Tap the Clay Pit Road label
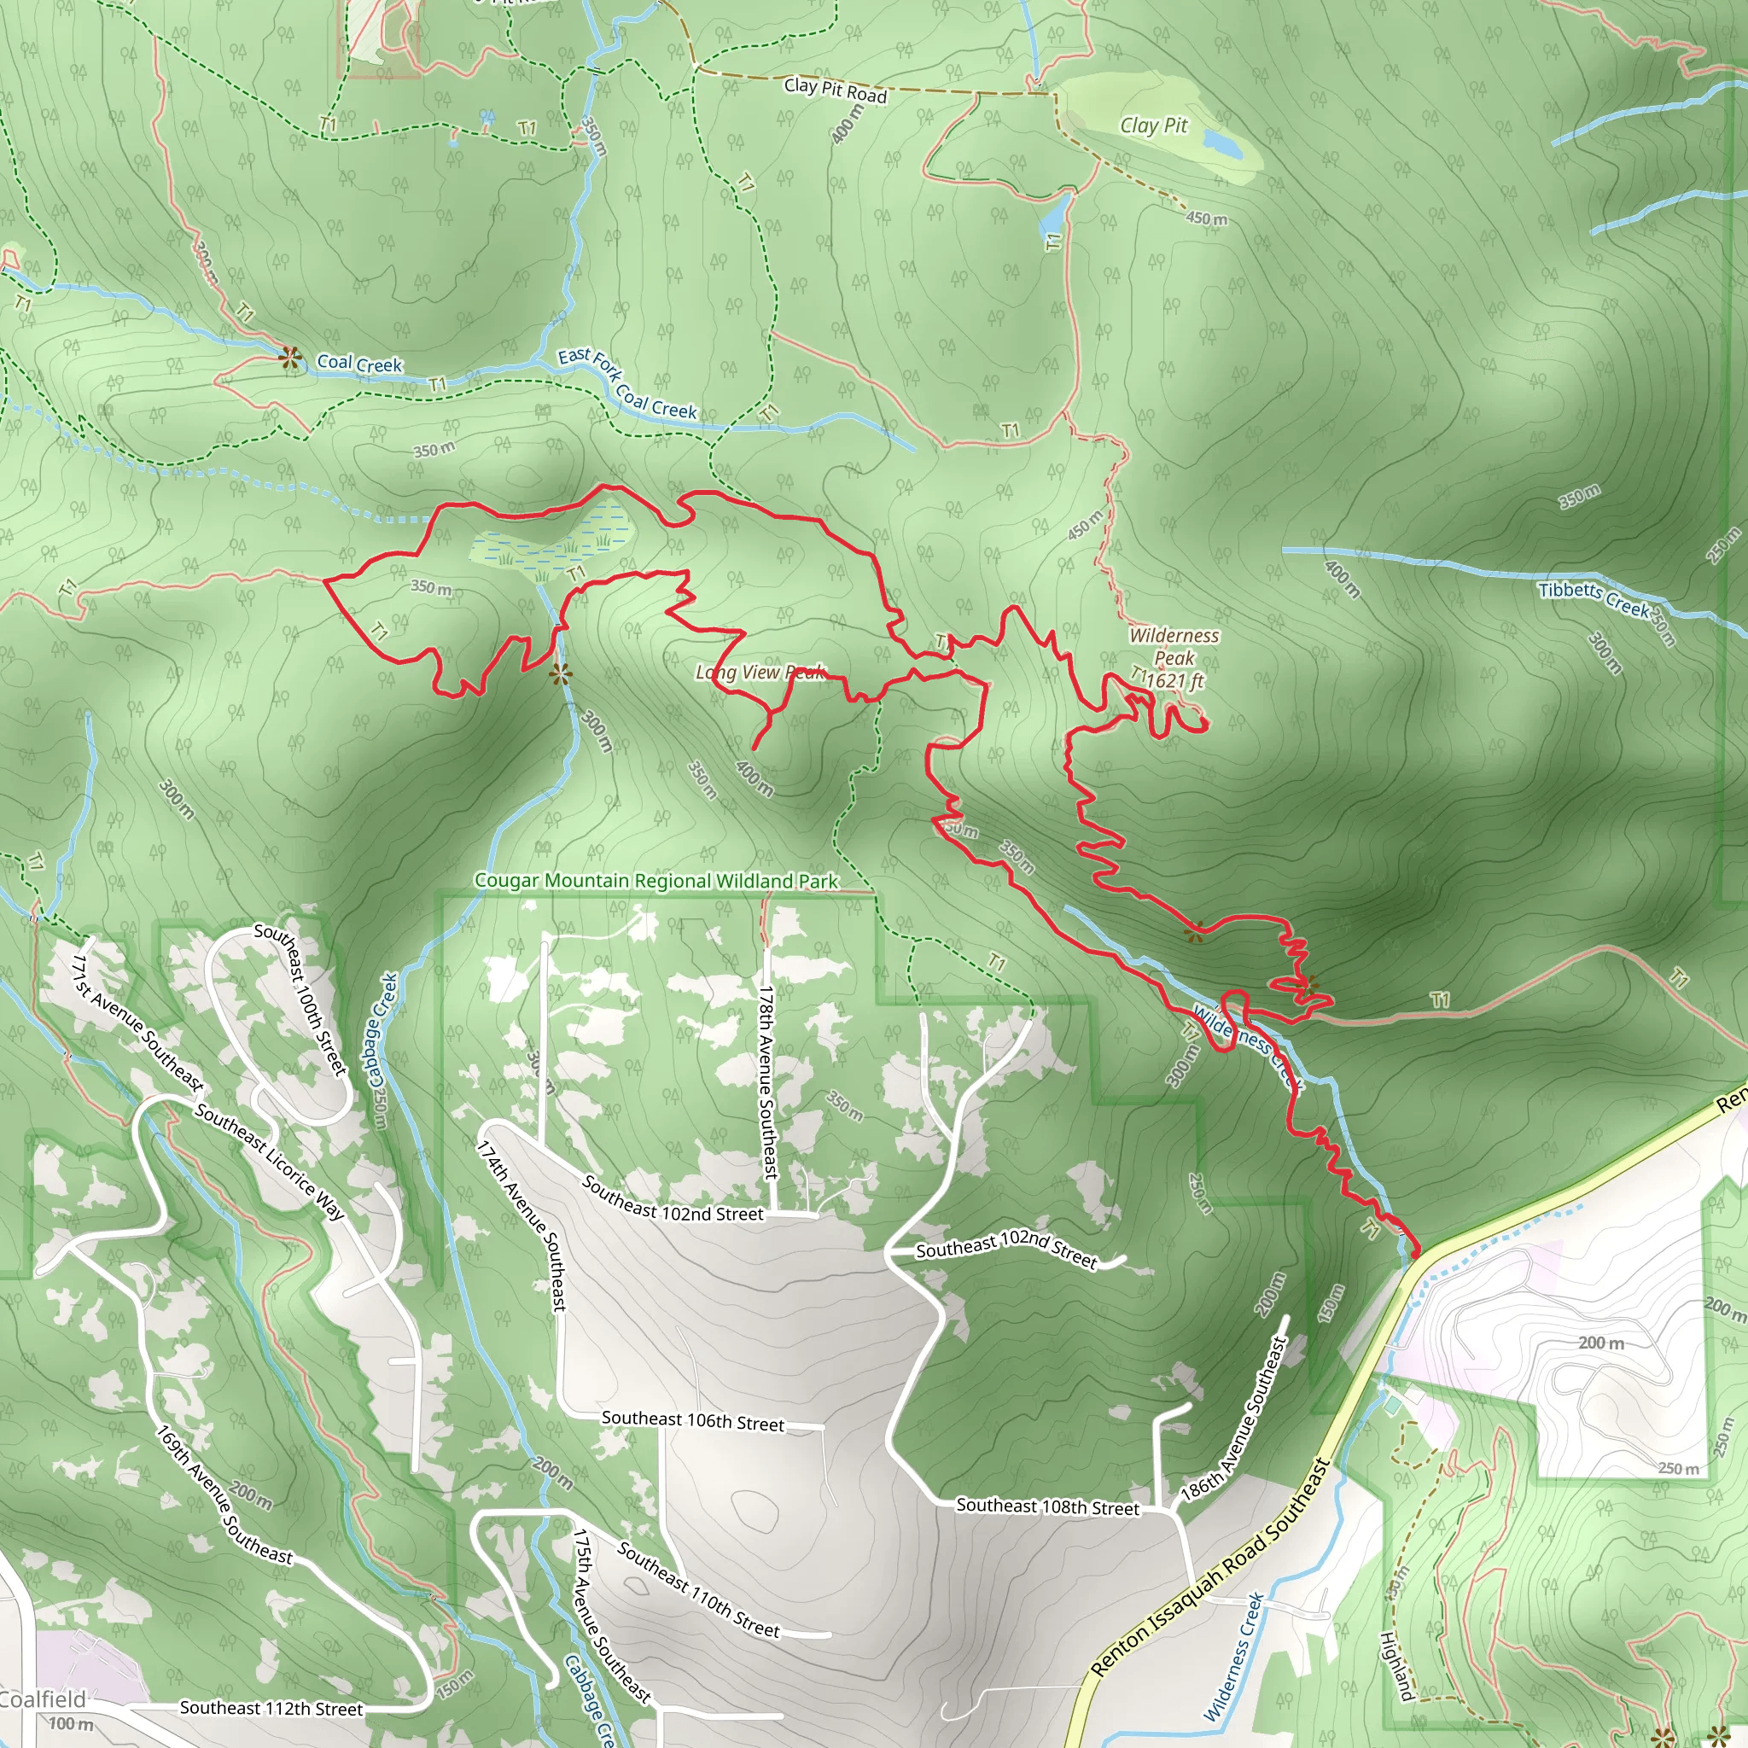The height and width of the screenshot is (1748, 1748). click(x=834, y=90)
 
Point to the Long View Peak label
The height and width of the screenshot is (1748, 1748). click(x=760, y=673)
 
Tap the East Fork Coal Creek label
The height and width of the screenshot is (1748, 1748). click(x=627, y=382)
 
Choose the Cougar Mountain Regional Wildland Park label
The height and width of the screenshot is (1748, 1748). click(x=656, y=881)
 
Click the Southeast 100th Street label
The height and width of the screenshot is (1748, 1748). click(x=301, y=999)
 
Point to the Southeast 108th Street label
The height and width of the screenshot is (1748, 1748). click(x=1048, y=1506)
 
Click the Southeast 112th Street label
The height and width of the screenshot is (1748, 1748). click(x=271, y=1708)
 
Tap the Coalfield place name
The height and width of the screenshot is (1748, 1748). click(x=43, y=1699)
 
